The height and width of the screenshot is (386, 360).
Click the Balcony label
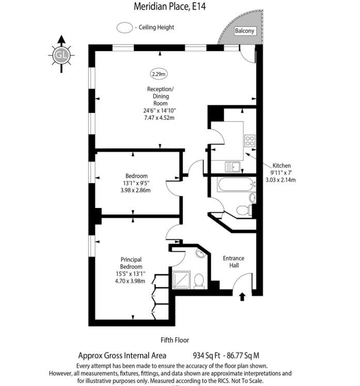[x=244, y=31]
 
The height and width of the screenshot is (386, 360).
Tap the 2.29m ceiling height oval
[x=159, y=74]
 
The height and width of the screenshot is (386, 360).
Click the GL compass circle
[x=61, y=55]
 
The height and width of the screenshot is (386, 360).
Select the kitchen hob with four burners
[x=249, y=140]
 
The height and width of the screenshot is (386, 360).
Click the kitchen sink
[x=232, y=167]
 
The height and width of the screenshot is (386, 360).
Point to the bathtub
[x=236, y=184]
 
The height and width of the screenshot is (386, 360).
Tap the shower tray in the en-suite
[x=181, y=280]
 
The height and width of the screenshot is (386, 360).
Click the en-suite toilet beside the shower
[x=199, y=281]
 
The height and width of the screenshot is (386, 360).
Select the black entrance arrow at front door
[x=242, y=297]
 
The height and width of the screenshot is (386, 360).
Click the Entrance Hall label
[x=233, y=262]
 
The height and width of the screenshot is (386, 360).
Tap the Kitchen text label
[x=281, y=166]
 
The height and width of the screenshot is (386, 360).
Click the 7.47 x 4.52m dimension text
[x=159, y=118]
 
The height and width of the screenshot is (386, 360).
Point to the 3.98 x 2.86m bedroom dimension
[x=135, y=190]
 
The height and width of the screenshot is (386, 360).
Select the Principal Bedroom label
[x=131, y=263]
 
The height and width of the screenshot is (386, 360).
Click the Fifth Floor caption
[x=175, y=340]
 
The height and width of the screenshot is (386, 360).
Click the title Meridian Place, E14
[x=170, y=6]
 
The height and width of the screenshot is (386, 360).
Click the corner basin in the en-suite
[x=200, y=253]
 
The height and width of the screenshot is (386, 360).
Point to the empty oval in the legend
[x=124, y=27]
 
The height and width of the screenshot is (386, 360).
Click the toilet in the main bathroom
[x=244, y=210]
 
